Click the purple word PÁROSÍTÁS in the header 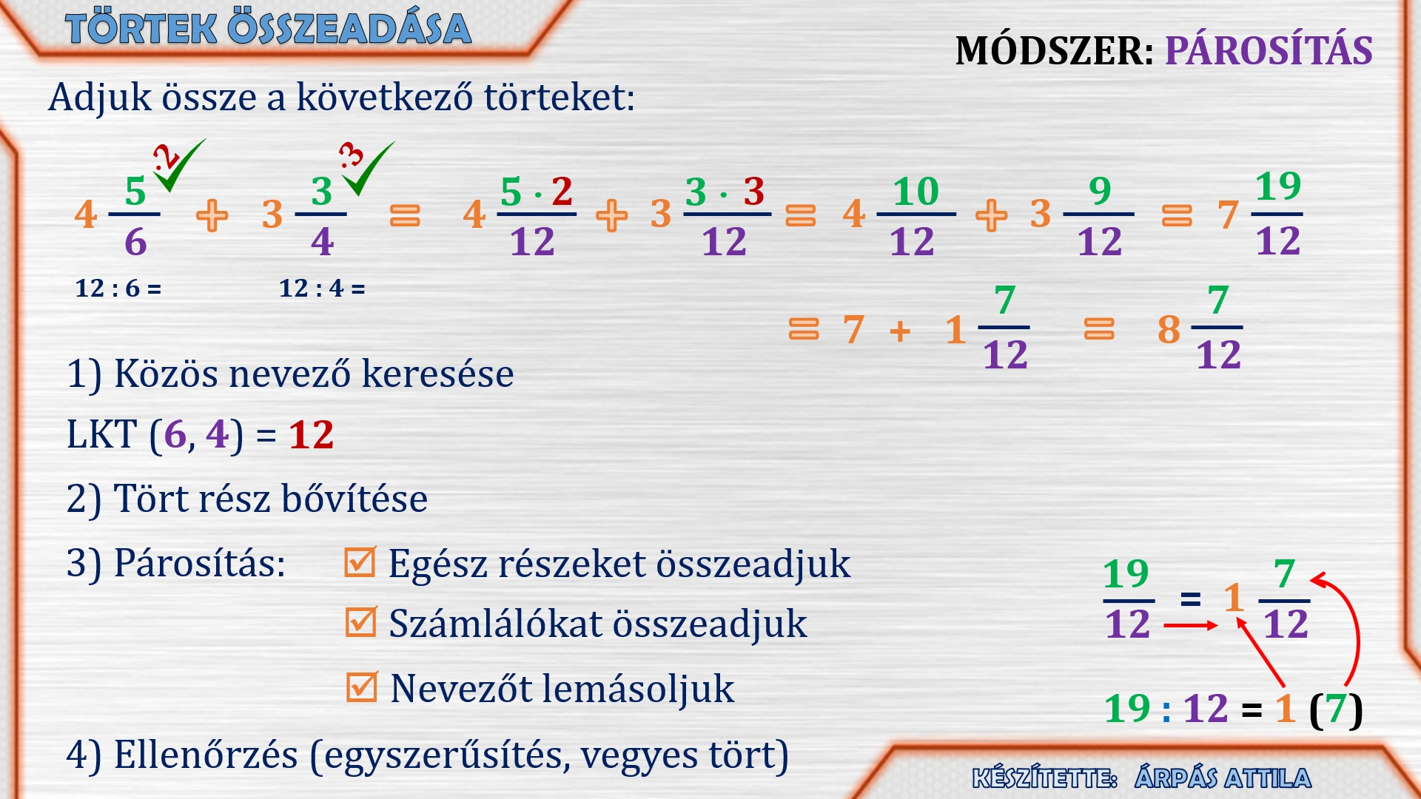(x=1269, y=51)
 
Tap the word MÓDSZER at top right (x=1054, y=51)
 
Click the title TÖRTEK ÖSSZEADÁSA (x=268, y=28)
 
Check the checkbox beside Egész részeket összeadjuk (x=360, y=562)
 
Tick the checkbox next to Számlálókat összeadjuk (x=361, y=622)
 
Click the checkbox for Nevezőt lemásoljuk (x=362, y=687)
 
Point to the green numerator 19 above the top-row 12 (x=1278, y=186)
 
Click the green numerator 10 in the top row (x=916, y=192)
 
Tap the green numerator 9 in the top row (x=1100, y=192)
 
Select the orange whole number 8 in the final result (x=1169, y=330)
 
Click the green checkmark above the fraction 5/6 (x=180, y=166)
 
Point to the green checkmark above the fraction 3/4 (x=369, y=169)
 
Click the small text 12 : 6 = (x=118, y=288)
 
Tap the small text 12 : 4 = (x=322, y=288)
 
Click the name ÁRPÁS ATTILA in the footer (x=1223, y=778)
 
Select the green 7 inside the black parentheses (x=1336, y=708)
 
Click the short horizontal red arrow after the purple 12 (x=1190, y=626)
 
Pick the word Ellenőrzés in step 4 (x=206, y=755)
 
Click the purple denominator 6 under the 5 (x=135, y=242)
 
